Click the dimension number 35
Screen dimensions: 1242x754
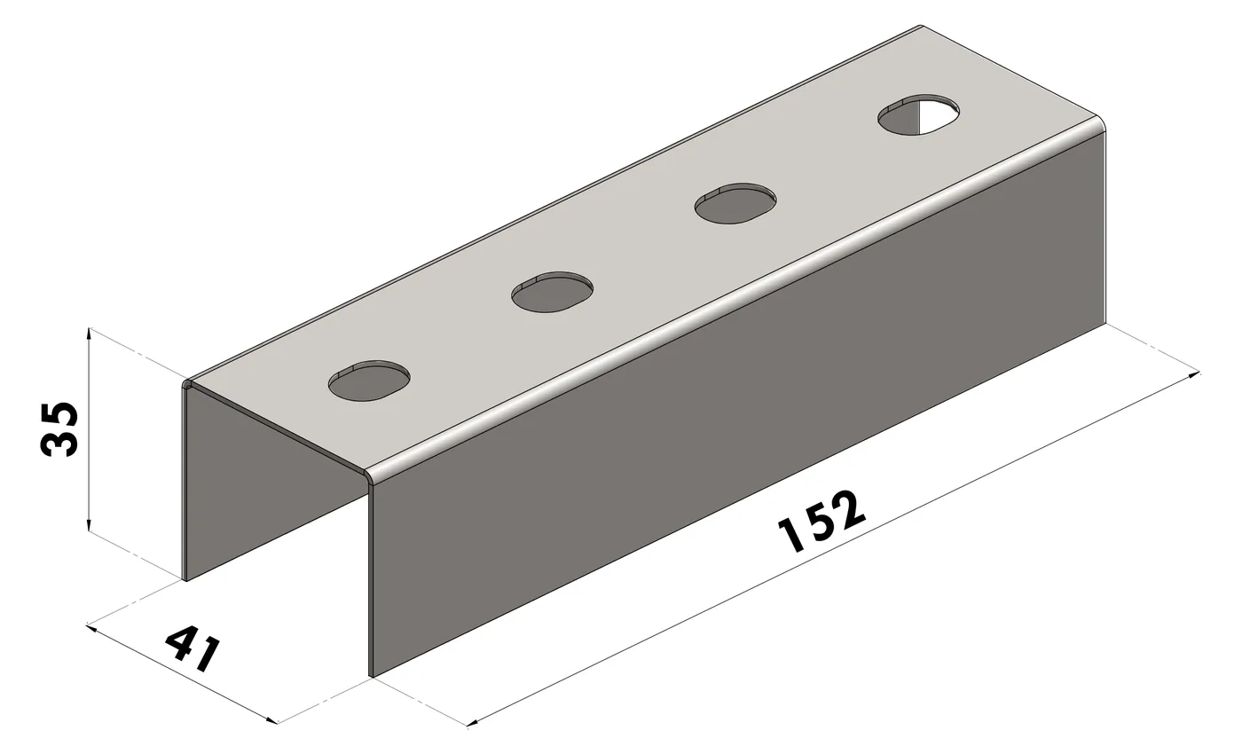point(59,429)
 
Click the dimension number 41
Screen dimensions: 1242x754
point(193,648)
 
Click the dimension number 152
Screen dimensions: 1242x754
point(821,521)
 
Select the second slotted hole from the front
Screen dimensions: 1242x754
point(552,292)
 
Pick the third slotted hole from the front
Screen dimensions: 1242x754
point(735,203)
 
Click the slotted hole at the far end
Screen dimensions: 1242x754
point(919,114)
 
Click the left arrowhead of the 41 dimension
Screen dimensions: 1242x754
point(91,628)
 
